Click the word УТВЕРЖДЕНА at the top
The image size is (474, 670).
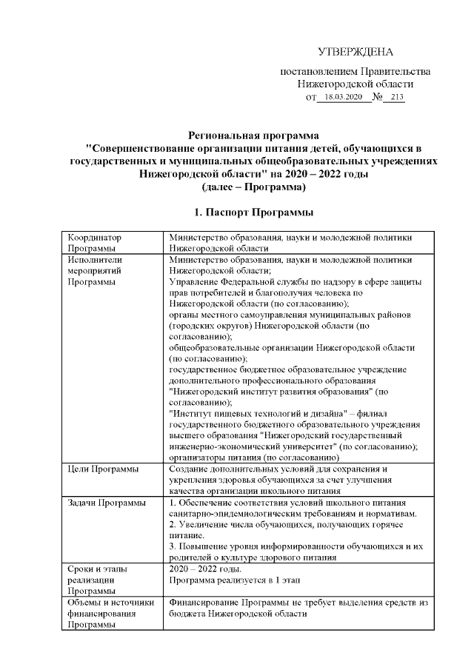[355, 51]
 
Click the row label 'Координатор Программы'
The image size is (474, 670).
[93, 243]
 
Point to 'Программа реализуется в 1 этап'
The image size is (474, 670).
[234, 580]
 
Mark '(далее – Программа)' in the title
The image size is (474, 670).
[253, 187]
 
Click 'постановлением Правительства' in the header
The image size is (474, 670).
[355, 72]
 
